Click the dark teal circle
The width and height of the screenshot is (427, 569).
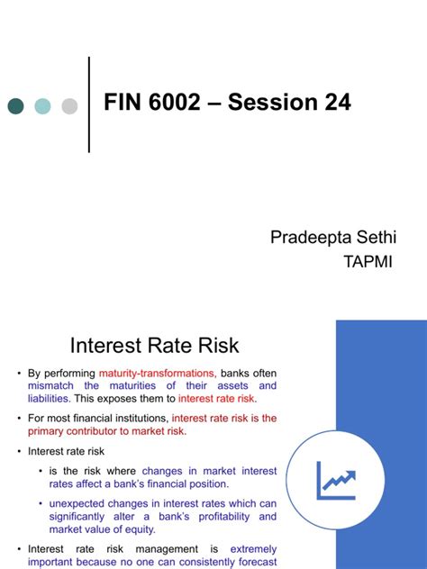[x=15, y=106]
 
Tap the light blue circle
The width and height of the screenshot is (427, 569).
[x=42, y=106]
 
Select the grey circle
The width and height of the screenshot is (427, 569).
[x=69, y=106]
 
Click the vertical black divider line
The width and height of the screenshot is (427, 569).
[x=89, y=104]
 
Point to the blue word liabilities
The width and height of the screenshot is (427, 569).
[x=49, y=398]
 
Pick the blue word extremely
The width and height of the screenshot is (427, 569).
[x=253, y=549]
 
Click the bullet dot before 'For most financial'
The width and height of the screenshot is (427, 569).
[x=20, y=419]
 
